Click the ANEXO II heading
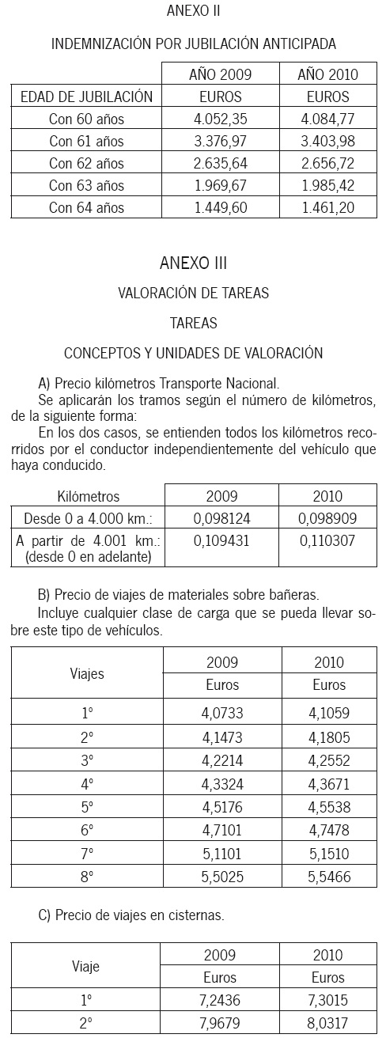(x=193, y=11)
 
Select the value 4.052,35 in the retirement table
(x=220, y=119)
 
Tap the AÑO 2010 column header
(x=327, y=75)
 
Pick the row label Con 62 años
(x=86, y=164)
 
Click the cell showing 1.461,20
(x=327, y=208)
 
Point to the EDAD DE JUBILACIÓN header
(x=86, y=97)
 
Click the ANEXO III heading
(x=193, y=263)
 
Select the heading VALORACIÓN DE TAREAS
(x=193, y=293)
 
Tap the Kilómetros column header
(x=89, y=497)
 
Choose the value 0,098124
(x=221, y=519)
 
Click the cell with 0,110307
(x=327, y=542)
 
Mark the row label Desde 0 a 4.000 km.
(x=89, y=519)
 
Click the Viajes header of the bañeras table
(x=88, y=674)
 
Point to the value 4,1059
(x=329, y=713)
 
